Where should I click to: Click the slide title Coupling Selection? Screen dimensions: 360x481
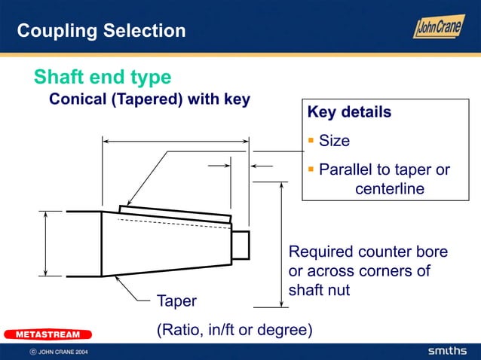click(x=101, y=31)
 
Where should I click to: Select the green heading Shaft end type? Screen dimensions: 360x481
click(x=103, y=77)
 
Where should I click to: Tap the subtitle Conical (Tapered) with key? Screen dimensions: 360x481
click(x=149, y=99)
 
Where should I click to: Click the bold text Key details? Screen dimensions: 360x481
click(x=349, y=112)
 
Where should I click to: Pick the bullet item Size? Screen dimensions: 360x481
click(x=334, y=141)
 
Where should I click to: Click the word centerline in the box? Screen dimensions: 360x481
click(x=390, y=188)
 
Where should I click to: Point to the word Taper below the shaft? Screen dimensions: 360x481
click(x=176, y=301)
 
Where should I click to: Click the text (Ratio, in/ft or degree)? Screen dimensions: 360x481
click(x=234, y=330)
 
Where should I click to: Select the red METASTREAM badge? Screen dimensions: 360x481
click(x=47, y=334)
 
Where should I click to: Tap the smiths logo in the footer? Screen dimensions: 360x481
click(x=448, y=352)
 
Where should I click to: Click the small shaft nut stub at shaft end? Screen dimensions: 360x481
click(x=240, y=245)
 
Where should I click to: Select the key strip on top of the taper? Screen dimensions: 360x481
click(x=175, y=212)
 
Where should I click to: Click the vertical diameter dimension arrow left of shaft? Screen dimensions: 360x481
click(x=46, y=243)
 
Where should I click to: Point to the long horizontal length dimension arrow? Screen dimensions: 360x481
click(x=176, y=141)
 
